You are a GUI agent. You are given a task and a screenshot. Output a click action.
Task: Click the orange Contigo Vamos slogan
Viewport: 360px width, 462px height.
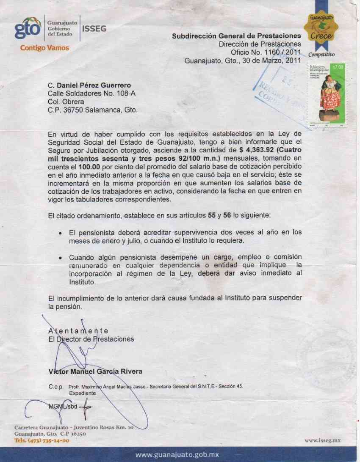click(44, 48)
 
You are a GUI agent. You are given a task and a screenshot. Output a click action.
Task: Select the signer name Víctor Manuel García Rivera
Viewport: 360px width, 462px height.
click(95, 371)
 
